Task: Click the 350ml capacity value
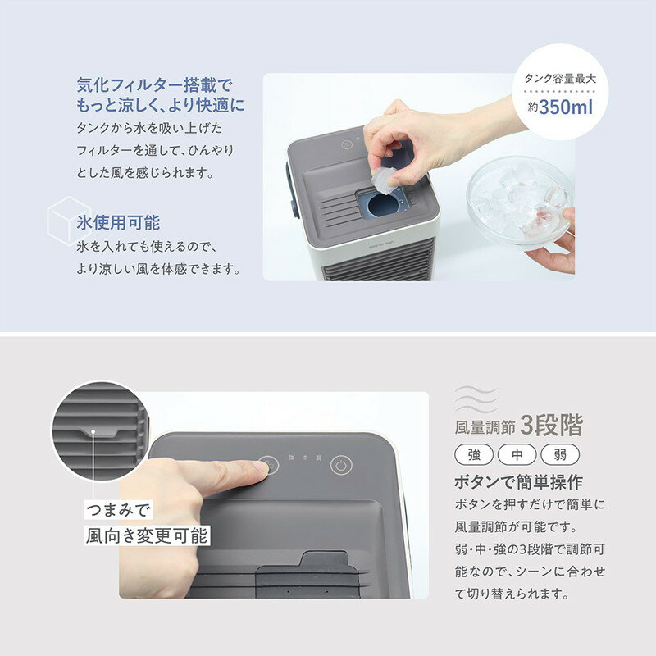(x=566, y=107)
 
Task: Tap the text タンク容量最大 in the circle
(x=560, y=78)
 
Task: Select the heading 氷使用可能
(x=118, y=222)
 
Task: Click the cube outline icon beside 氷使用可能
(x=68, y=221)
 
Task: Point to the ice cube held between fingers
(x=383, y=180)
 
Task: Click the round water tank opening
(x=383, y=206)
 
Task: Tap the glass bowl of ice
(x=519, y=201)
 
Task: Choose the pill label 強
(x=474, y=455)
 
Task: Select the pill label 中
(x=517, y=455)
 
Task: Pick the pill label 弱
(x=560, y=455)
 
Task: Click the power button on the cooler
(x=341, y=465)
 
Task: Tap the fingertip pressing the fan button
(x=257, y=467)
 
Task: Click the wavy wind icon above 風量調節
(x=476, y=399)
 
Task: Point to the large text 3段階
(x=551, y=426)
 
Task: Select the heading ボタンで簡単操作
(x=519, y=482)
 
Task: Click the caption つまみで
(x=118, y=510)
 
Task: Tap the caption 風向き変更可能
(x=147, y=535)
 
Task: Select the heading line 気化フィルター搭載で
(x=154, y=85)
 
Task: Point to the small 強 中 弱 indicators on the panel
(x=305, y=458)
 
